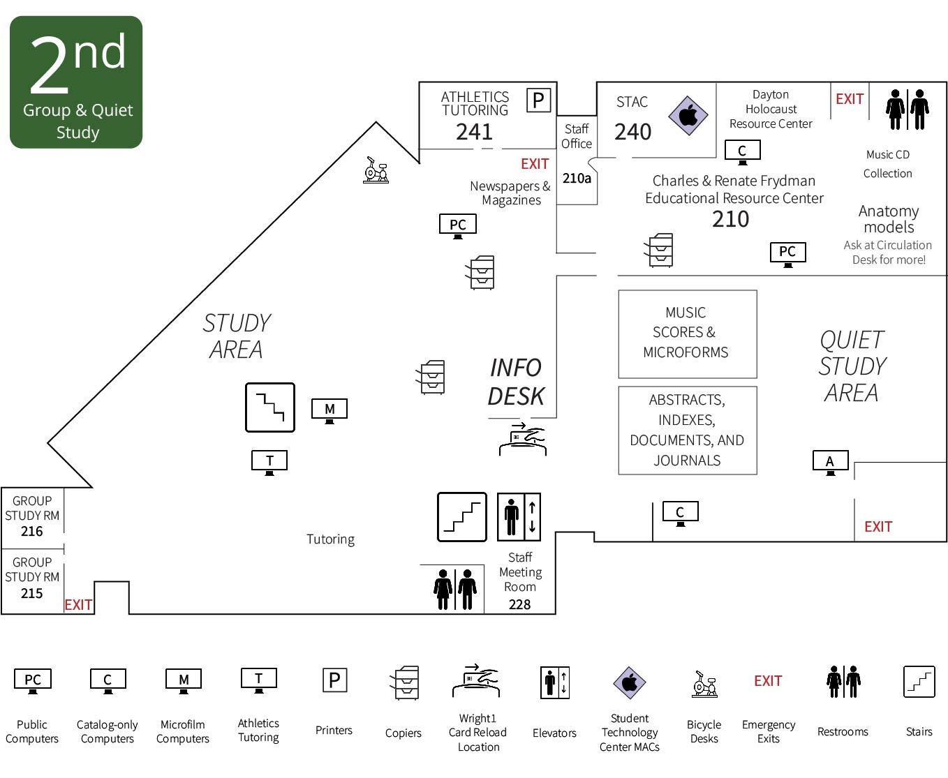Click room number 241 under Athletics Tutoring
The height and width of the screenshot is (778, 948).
pos(474,132)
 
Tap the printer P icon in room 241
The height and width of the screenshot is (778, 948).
pos(538,100)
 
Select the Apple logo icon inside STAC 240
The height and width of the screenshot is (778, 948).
pos(688,115)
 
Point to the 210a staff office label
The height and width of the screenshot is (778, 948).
pos(577,179)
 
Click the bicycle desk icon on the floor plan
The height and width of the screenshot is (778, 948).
pos(376,170)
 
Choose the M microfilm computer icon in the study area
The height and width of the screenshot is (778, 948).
pos(329,410)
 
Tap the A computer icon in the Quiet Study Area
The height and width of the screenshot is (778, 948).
pos(830,462)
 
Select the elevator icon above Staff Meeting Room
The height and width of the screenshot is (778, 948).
pos(519,517)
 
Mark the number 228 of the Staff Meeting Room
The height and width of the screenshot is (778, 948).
pos(519,605)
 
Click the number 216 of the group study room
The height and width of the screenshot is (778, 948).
pos(32,532)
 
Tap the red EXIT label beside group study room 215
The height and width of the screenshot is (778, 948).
pos(78,605)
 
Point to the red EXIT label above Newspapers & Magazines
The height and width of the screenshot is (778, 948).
pos(535,164)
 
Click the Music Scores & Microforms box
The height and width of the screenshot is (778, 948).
pos(687,334)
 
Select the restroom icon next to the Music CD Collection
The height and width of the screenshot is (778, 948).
pos(908,110)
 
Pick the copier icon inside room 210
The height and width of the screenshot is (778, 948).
pos(660,250)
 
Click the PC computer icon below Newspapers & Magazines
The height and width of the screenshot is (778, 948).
pos(458,225)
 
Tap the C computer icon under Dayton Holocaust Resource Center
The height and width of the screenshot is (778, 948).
pos(742,151)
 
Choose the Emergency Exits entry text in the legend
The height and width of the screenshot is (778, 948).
pos(768,731)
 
